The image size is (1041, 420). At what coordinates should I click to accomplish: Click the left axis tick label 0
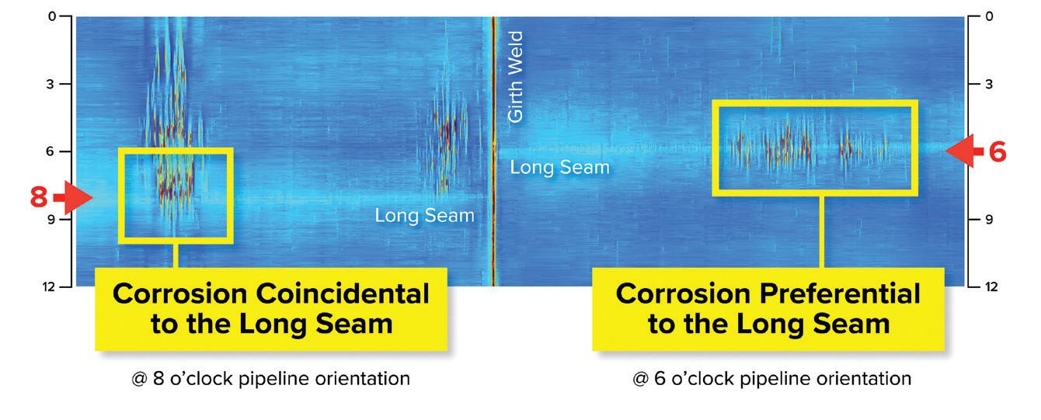click(x=52, y=17)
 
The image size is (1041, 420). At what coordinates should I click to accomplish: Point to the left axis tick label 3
click(x=50, y=84)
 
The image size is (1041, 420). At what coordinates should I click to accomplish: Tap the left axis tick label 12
click(x=49, y=286)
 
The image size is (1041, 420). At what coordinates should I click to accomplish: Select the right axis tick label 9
click(x=989, y=219)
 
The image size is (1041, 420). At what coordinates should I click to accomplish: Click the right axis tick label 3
click(x=989, y=84)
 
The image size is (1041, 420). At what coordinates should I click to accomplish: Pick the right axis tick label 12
click(x=991, y=286)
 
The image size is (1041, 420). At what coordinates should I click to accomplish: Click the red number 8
click(x=39, y=196)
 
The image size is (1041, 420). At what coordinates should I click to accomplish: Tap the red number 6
click(x=997, y=152)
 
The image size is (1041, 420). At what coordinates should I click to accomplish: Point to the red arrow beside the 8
click(x=73, y=197)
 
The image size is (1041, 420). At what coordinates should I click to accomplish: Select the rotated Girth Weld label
click(x=515, y=77)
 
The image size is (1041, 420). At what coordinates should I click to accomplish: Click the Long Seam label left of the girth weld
click(x=425, y=215)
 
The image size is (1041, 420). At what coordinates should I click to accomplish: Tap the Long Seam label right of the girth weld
click(x=559, y=167)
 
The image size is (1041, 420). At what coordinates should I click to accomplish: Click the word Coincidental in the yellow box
click(x=343, y=293)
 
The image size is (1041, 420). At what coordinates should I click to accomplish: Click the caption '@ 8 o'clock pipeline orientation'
click(x=270, y=379)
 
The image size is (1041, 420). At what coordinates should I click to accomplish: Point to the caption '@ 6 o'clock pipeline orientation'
click(x=772, y=379)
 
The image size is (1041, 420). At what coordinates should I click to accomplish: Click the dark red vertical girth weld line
click(x=493, y=151)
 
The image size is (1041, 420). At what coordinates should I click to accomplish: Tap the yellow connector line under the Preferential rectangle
click(x=822, y=232)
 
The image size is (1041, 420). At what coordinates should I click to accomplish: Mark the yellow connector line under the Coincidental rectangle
click(x=176, y=255)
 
